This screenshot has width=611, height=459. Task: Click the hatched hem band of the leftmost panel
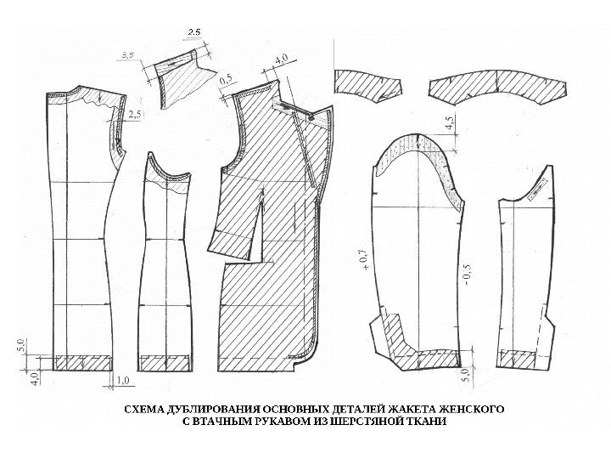[x=82, y=362]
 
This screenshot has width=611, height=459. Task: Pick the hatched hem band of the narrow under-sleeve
[x=519, y=359]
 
